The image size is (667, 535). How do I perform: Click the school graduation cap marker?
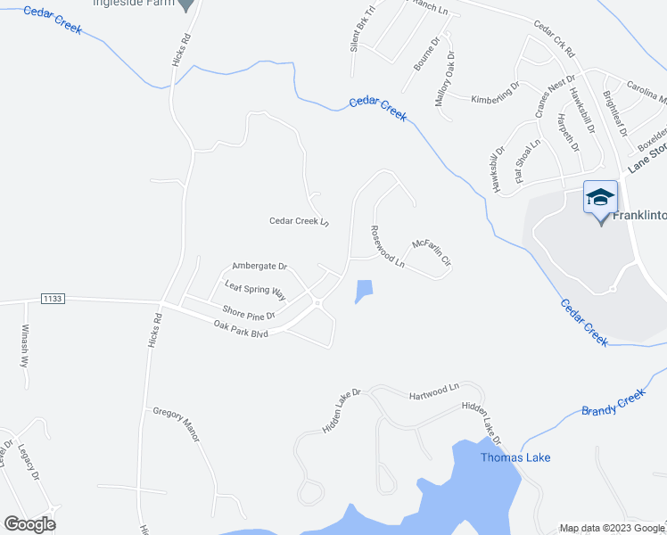[600, 197]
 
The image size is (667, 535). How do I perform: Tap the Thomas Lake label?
[515, 457]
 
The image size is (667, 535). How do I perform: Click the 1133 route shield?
[53, 299]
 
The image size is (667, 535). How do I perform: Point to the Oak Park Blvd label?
[241, 329]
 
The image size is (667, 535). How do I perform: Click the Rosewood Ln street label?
[388, 246]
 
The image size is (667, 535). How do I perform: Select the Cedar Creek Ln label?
[300, 221]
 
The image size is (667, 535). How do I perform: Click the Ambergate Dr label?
[259, 266]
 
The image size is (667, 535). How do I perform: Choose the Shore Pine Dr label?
[249, 312]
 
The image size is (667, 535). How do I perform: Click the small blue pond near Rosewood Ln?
[364, 291]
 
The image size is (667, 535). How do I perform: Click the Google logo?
[29, 523]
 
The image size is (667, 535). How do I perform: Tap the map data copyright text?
[611, 528]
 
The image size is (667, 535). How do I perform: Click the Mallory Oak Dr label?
[443, 79]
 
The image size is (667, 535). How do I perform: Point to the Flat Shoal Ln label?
[527, 161]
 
